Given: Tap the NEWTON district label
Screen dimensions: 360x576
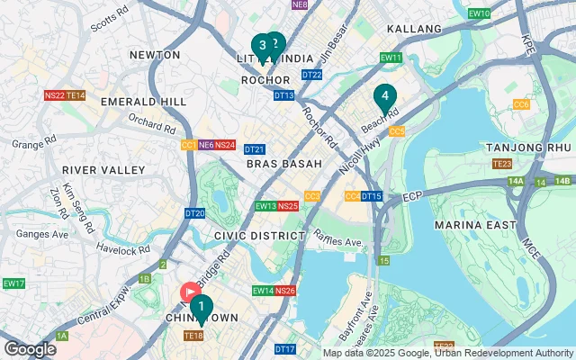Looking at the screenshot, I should click(x=155, y=55).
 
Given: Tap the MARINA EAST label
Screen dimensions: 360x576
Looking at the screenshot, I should click(x=474, y=224).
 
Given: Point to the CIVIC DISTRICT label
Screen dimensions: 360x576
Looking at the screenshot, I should click(x=260, y=235).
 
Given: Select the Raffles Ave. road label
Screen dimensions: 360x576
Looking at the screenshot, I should click(x=337, y=243).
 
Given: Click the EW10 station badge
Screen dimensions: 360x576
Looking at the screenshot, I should click(x=480, y=13).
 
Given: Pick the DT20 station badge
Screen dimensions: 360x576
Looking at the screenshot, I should click(x=194, y=213).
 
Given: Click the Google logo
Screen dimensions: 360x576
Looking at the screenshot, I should click(x=29, y=349).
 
